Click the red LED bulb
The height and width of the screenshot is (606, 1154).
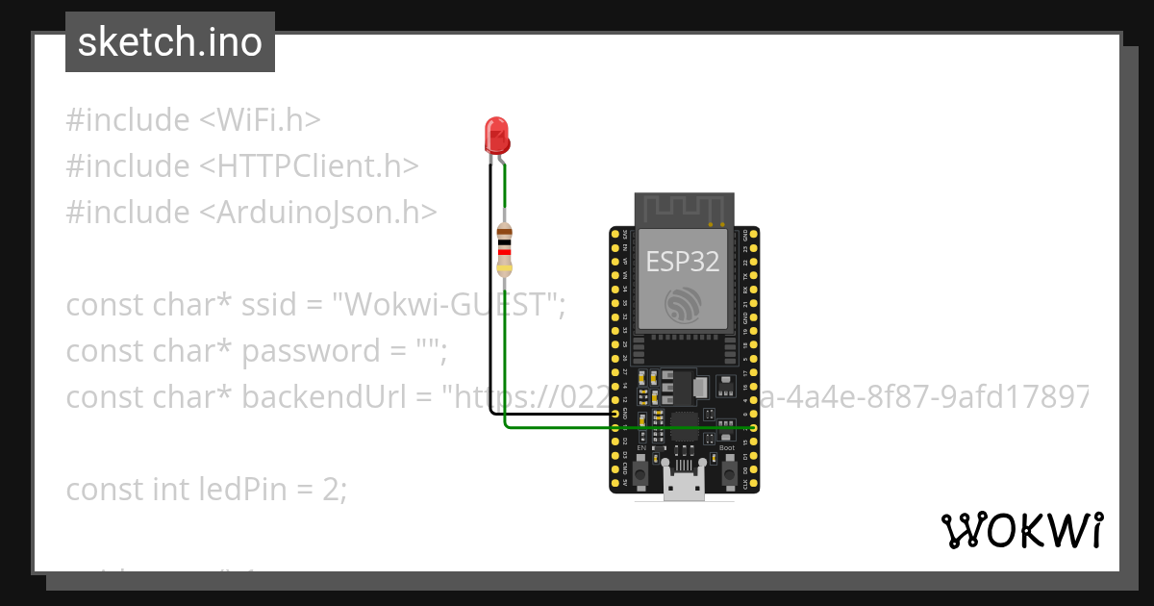click(496, 136)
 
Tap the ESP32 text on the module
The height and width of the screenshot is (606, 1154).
click(684, 261)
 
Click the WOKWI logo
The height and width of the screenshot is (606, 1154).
click(1022, 530)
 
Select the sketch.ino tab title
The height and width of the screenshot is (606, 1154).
click(170, 42)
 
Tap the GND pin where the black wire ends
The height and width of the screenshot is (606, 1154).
click(615, 416)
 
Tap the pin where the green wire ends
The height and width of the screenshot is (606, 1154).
click(753, 427)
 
